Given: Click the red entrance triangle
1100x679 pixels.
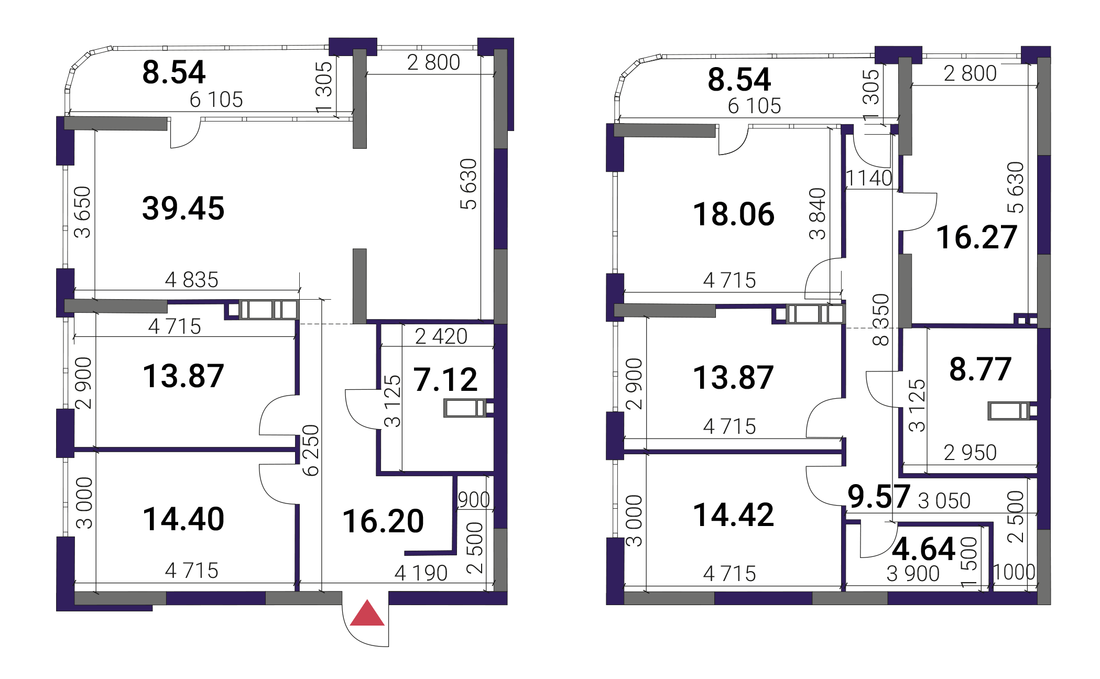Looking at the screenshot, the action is click(367, 613).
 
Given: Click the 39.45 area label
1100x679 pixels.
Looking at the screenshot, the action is click(183, 208).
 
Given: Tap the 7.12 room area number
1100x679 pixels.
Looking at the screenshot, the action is click(445, 379).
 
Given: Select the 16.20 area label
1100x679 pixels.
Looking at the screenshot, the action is click(383, 521).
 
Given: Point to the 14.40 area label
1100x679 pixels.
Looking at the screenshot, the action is click(183, 519).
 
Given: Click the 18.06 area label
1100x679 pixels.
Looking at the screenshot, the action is click(734, 214).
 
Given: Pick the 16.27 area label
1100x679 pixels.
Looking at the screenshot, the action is click(977, 237).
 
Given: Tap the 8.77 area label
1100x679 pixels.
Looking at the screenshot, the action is click(980, 369).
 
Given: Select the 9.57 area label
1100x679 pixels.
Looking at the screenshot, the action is click(879, 496).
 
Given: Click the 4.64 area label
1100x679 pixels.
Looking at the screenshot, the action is click(923, 549).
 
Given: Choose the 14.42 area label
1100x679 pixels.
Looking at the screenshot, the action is click(734, 514).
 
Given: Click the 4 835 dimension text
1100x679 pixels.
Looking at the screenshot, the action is click(191, 280).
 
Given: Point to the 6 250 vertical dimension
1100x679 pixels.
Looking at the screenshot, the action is click(311, 450).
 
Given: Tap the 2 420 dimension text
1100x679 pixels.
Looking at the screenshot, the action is click(441, 336).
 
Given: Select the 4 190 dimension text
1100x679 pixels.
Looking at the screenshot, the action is click(421, 573).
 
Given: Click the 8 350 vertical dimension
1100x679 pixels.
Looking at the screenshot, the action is click(881, 320).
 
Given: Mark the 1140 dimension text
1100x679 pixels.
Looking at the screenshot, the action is click(869, 178).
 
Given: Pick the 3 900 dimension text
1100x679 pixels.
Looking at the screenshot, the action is click(913, 574).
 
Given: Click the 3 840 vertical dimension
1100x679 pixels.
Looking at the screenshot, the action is click(818, 213).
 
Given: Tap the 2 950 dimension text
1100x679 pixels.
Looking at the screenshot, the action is click(970, 453).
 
